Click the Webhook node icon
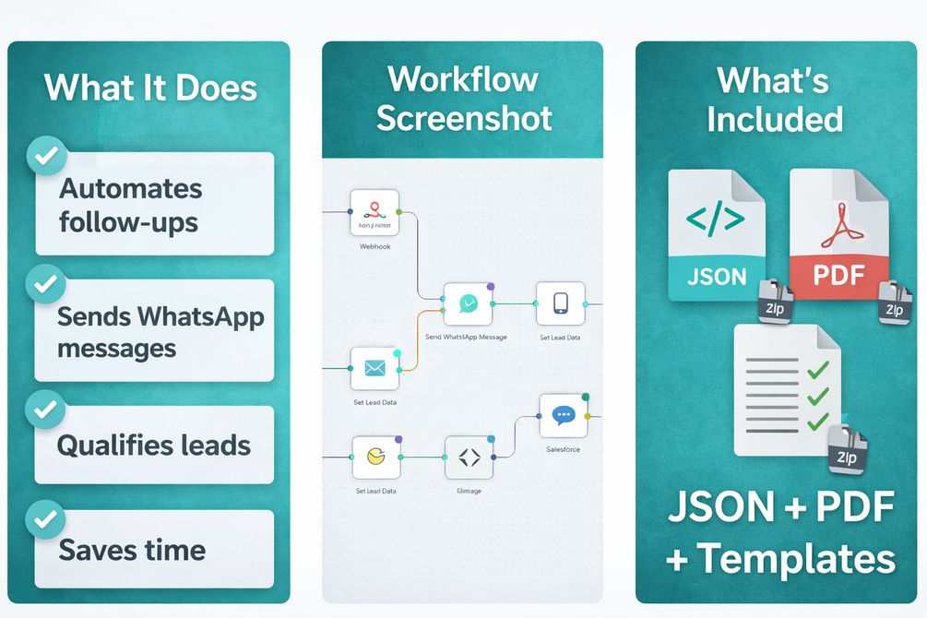[374, 213]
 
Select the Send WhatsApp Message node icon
[468, 304]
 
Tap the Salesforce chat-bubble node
[564, 416]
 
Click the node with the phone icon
[561, 303]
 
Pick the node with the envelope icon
[374, 369]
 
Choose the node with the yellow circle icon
[376, 458]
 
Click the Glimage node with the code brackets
[469, 458]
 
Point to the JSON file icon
[717, 235]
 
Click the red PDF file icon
[838, 235]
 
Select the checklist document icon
[785, 389]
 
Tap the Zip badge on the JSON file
[776, 302]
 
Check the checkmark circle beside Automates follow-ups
[44, 157]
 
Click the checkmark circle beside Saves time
[44, 519]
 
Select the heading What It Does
[150, 88]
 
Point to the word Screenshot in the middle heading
[464, 118]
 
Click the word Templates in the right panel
[795, 558]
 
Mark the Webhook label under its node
[374, 246]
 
